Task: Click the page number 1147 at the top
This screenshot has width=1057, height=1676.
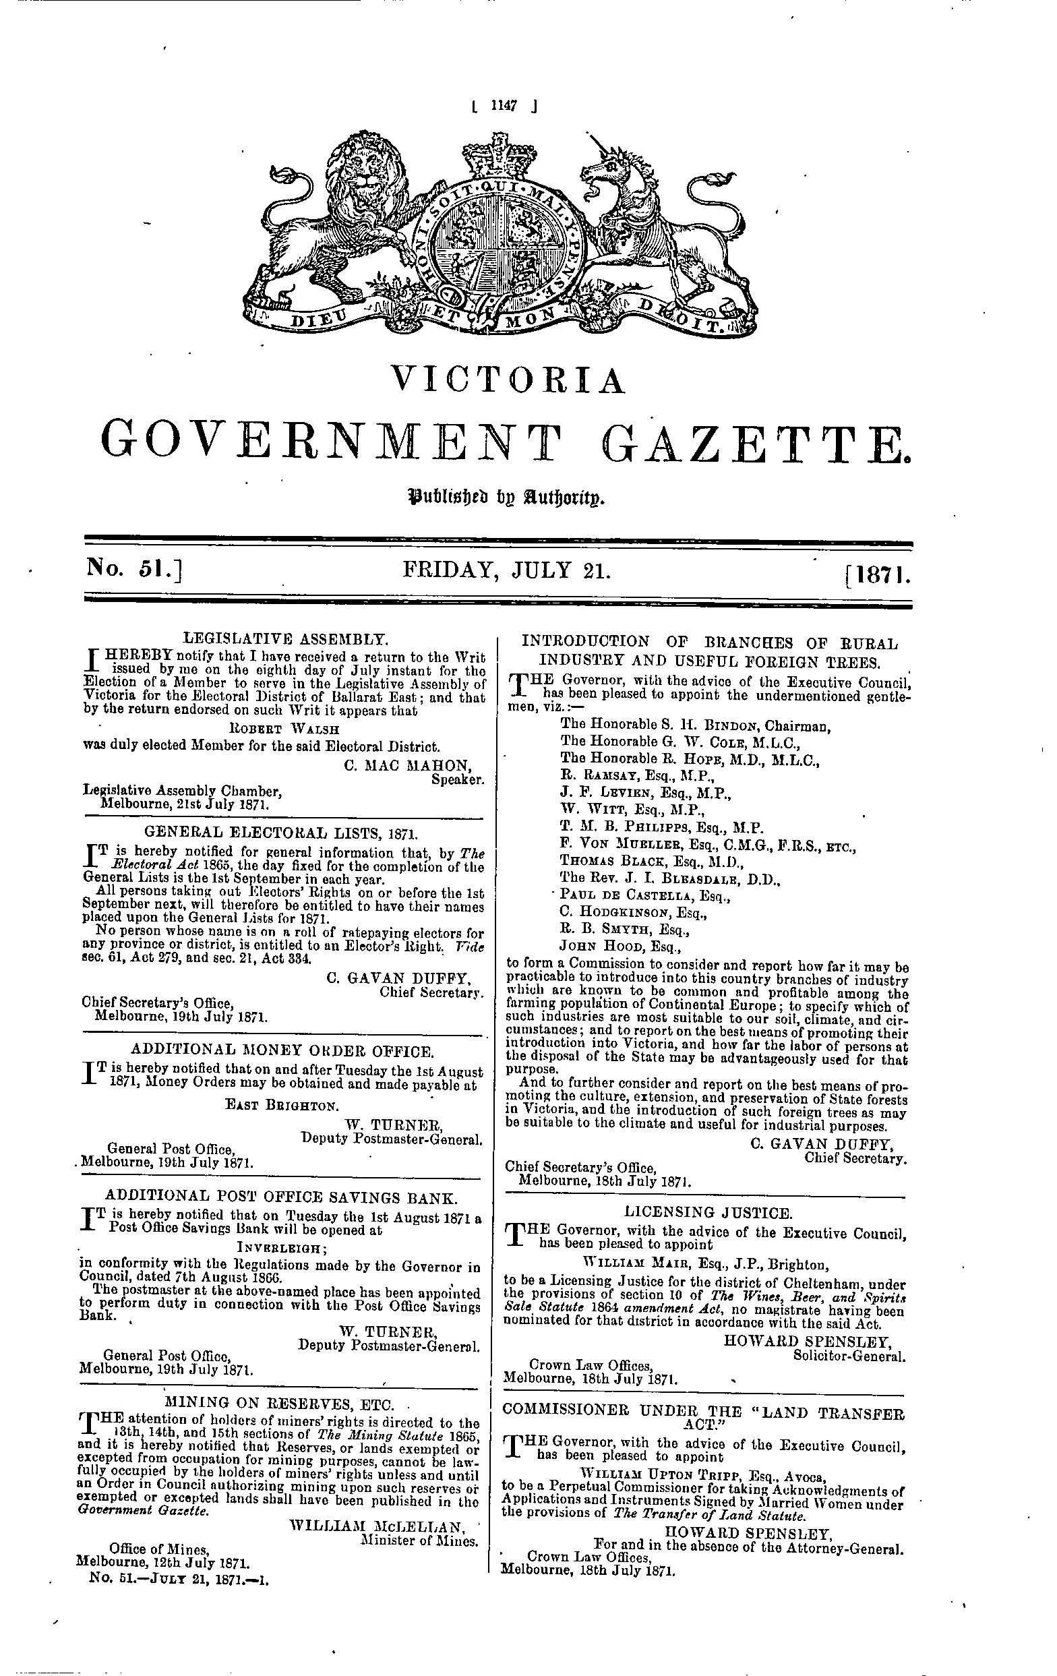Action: [x=502, y=106]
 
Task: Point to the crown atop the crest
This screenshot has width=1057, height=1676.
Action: [x=498, y=156]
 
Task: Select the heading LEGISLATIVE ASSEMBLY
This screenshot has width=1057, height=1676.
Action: [x=284, y=636]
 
